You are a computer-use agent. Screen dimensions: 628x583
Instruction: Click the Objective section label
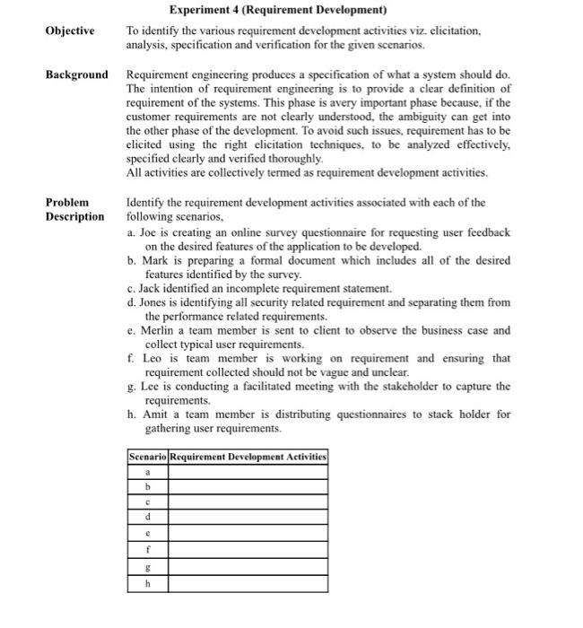pos(69,31)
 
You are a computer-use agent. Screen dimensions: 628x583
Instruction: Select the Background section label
pos(76,74)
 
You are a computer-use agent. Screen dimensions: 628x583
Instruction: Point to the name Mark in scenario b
pos(155,260)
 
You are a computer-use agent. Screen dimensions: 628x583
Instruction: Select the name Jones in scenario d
pos(156,303)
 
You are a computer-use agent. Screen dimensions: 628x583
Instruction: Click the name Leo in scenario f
pos(152,359)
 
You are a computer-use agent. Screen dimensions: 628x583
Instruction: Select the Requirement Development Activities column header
pos(248,457)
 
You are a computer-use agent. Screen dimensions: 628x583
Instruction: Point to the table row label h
pos(146,582)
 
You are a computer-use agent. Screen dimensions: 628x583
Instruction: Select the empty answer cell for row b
pos(248,487)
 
